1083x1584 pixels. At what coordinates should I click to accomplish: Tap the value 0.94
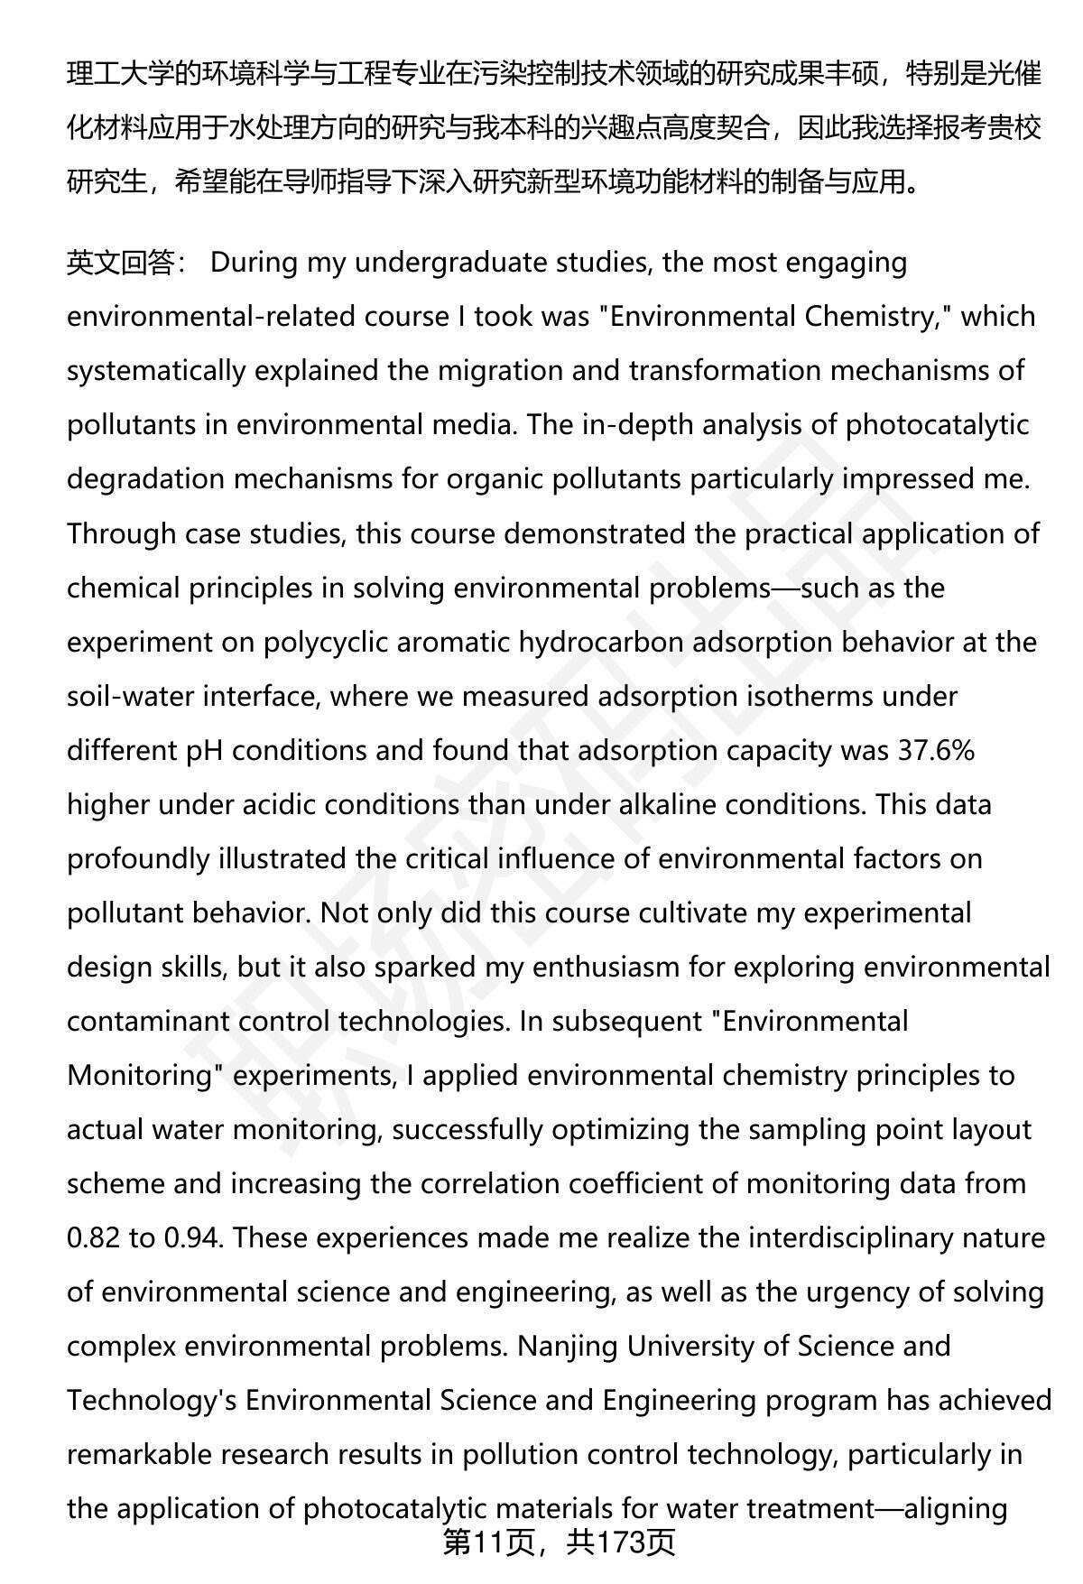tap(192, 1237)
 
